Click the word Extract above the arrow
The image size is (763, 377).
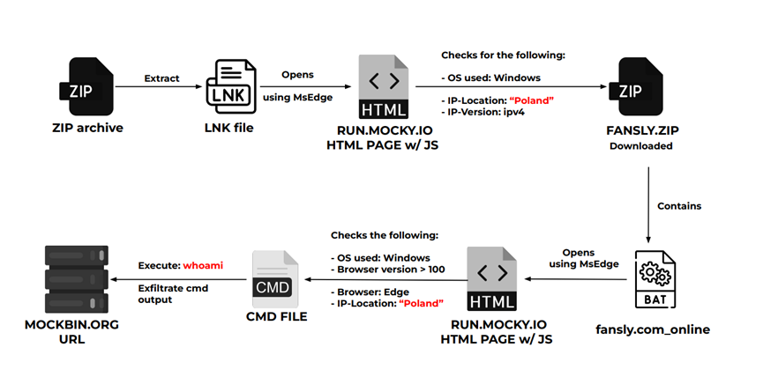pyautogui.click(x=161, y=78)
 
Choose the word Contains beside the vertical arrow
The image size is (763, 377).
pyautogui.click(x=679, y=205)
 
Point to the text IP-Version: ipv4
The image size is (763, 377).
pyautogui.click(x=483, y=113)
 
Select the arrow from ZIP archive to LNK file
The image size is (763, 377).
pyautogui.click(x=161, y=86)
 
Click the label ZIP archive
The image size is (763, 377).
pyautogui.click(x=86, y=129)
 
